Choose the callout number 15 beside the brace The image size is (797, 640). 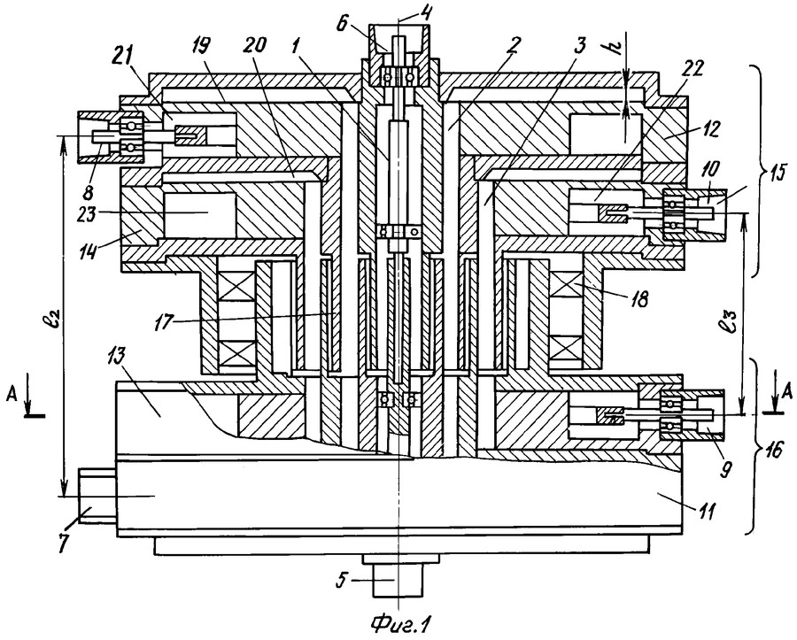[776, 173]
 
